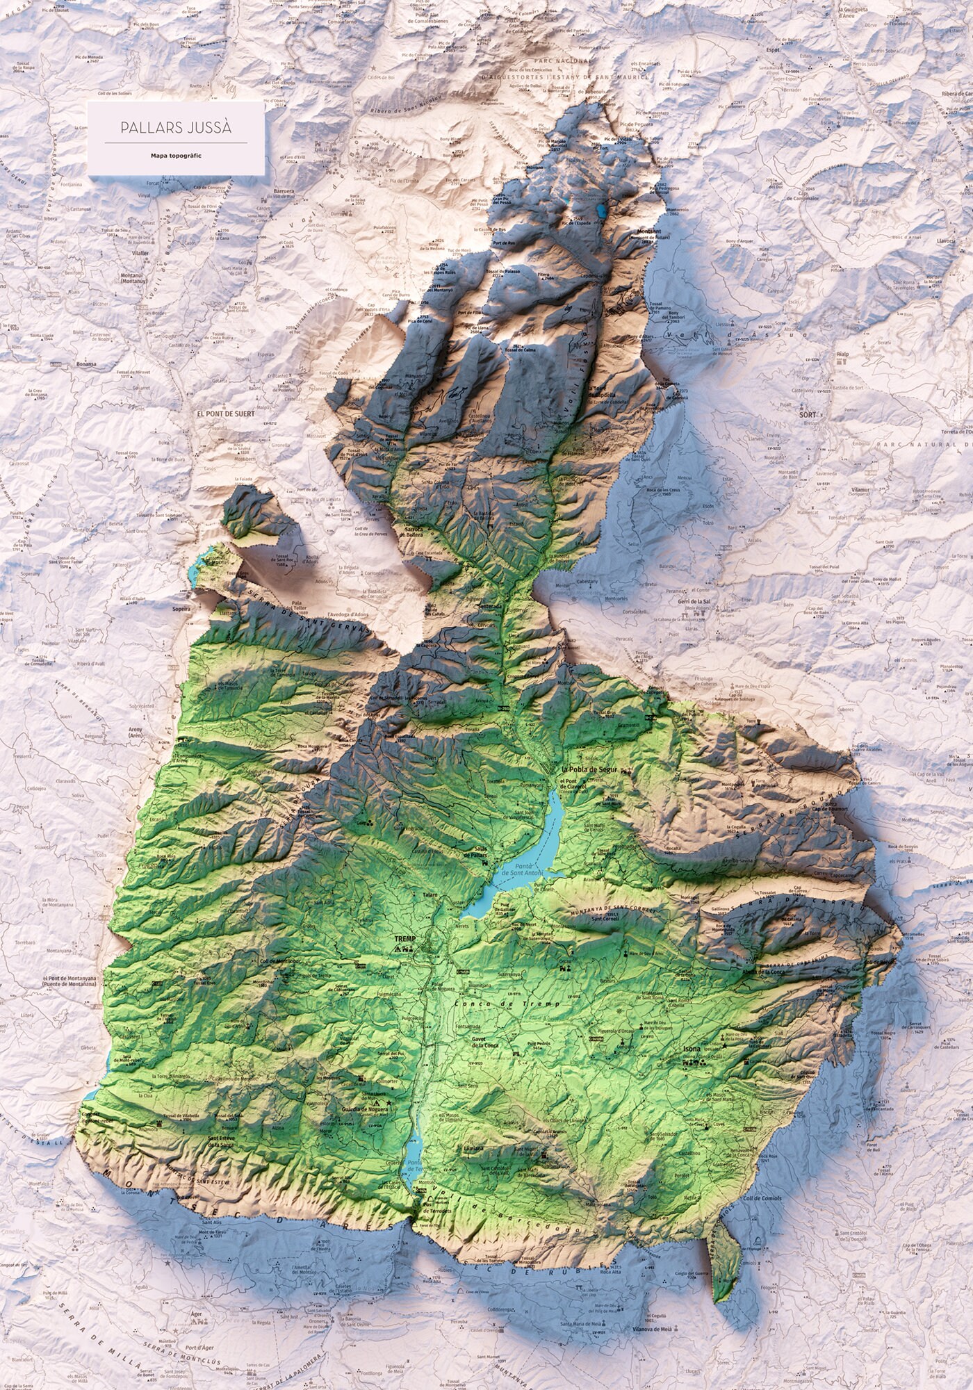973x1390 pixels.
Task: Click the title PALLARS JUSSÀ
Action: click(175, 129)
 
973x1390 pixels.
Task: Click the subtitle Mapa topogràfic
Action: click(175, 156)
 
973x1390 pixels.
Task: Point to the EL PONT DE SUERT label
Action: click(227, 413)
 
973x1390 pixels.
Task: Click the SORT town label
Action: click(807, 412)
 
